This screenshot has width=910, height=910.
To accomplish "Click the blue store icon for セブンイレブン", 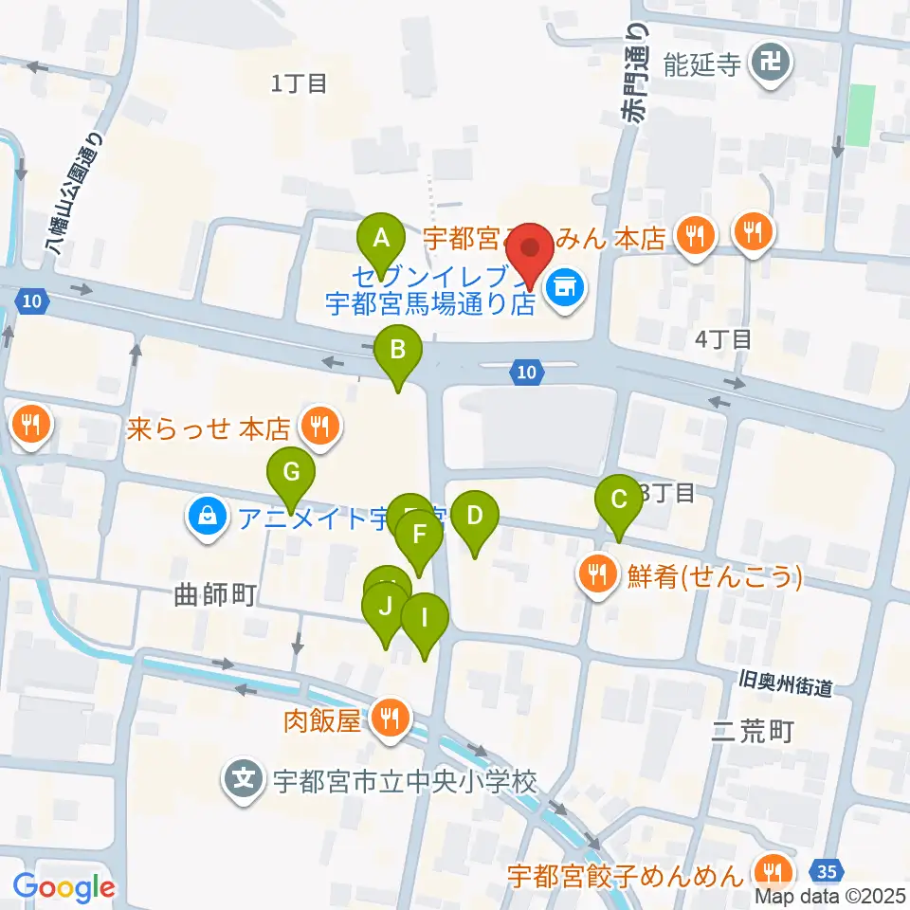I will point(567,283).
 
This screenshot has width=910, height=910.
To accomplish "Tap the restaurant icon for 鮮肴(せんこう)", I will point(597,574).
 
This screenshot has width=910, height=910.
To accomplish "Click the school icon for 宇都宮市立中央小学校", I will point(245,781).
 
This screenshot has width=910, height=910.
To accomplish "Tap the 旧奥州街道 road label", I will point(786,683).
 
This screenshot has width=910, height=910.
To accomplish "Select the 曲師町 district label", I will point(216,595).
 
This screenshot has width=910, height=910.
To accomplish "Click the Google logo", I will point(64,887).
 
